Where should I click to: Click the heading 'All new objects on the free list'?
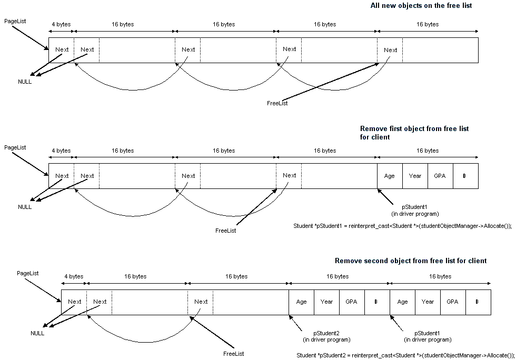421,6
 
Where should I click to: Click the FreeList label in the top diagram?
277,103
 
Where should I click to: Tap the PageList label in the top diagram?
15,22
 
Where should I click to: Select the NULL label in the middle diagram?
25,207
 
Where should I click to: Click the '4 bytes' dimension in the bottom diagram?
74,276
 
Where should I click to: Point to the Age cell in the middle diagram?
390,176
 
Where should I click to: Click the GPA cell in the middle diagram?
440,176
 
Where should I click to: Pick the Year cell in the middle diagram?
415,176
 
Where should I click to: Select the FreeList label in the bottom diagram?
234,354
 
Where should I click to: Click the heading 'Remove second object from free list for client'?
411,261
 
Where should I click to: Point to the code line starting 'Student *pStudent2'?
405,355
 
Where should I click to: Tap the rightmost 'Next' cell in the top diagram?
391,50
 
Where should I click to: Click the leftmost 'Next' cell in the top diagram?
62,49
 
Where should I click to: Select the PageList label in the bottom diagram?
27,274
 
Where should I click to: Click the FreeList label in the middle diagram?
226,231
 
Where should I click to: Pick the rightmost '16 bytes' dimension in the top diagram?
427,24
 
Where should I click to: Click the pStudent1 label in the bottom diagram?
428,333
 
